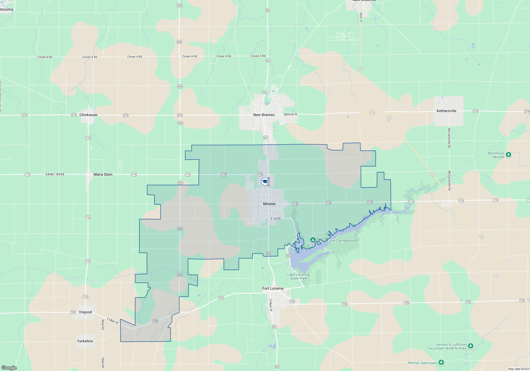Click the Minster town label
tap(269, 204)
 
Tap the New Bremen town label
tap(264, 115)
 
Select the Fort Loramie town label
tap(273, 288)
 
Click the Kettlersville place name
tap(446, 111)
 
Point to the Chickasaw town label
tap(88, 115)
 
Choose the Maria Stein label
tap(103, 174)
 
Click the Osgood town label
tap(85, 312)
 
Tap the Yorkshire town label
tap(85, 341)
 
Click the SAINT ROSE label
tap(55, 174)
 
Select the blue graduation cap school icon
tap(264, 182)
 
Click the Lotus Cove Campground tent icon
tap(313, 240)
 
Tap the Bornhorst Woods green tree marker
tap(508, 154)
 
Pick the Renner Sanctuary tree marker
tap(441, 362)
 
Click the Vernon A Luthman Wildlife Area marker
tap(470, 346)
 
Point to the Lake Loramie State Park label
tap(298, 276)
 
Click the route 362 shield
tap(288, 256)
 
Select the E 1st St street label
tap(275, 219)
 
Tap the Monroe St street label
tap(290, 114)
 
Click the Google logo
tap(9, 368)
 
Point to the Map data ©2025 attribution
tap(518, 369)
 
